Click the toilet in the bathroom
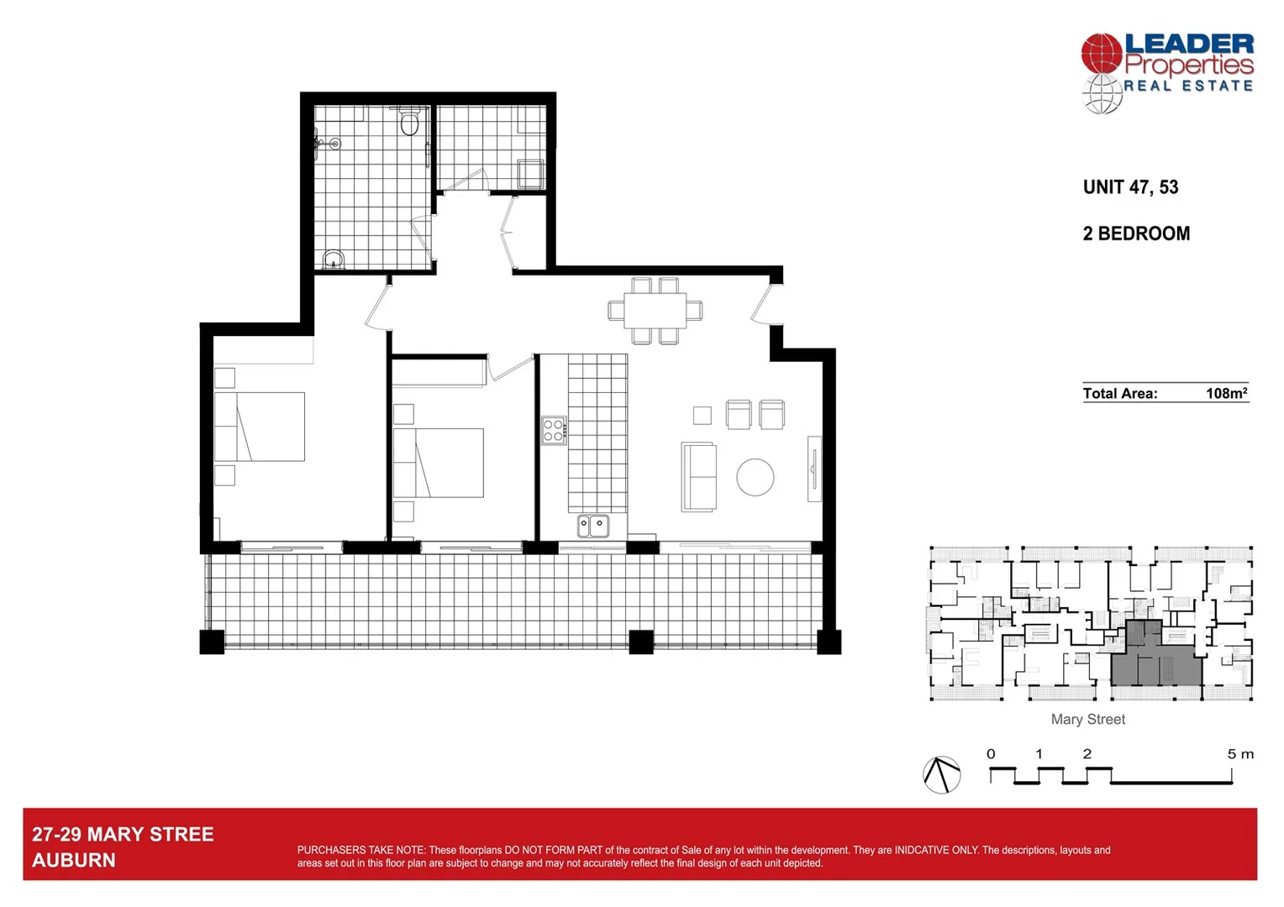(x=409, y=123)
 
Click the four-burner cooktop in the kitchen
(x=553, y=431)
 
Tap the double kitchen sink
(x=593, y=527)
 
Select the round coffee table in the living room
(x=755, y=477)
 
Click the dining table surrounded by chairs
(x=655, y=311)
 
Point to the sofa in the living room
(x=698, y=476)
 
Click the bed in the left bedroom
(x=260, y=427)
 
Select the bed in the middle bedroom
(x=439, y=463)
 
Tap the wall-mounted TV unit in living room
(x=813, y=469)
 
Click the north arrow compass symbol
(x=941, y=774)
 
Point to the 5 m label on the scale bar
(x=1239, y=754)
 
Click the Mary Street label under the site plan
(x=1087, y=720)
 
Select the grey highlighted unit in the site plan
(x=1156, y=663)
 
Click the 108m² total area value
(x=1225, y=393)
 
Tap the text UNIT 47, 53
(x=1130, y=187)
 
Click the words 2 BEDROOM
(x=1136, y=233)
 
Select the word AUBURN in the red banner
(x=74, y=860)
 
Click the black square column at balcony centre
(x=641, y=642)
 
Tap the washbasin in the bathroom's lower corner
(x=334, y=259)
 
